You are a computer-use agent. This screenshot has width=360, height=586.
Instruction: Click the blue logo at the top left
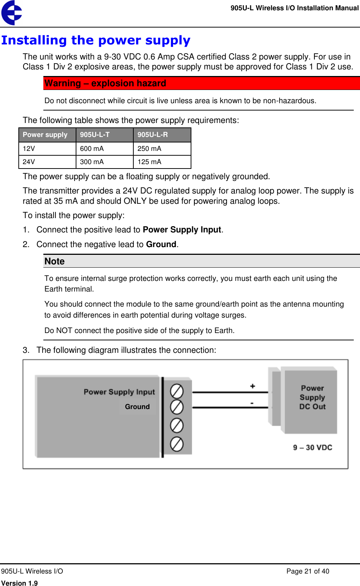tap(12, 13)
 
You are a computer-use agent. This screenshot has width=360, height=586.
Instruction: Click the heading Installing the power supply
tap(96, 40)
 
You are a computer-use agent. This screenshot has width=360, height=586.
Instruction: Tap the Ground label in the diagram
tap(137, 407)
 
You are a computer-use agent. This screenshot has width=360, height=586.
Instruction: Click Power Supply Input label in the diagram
tap(119, 392)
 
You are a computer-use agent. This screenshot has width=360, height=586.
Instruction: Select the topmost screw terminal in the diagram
tap(177, 391)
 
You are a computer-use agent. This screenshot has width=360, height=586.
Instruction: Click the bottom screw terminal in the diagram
tap(177, 444)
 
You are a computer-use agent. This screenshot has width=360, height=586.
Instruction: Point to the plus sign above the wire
tap(252, 386)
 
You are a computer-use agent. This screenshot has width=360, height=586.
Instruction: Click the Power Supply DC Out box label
tap(312, 397)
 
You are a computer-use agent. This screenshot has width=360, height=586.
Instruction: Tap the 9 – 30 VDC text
tap(313, 448)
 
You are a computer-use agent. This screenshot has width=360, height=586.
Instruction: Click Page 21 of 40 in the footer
tap(308, 571)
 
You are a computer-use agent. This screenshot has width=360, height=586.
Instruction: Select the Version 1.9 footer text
tap(19, 583)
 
